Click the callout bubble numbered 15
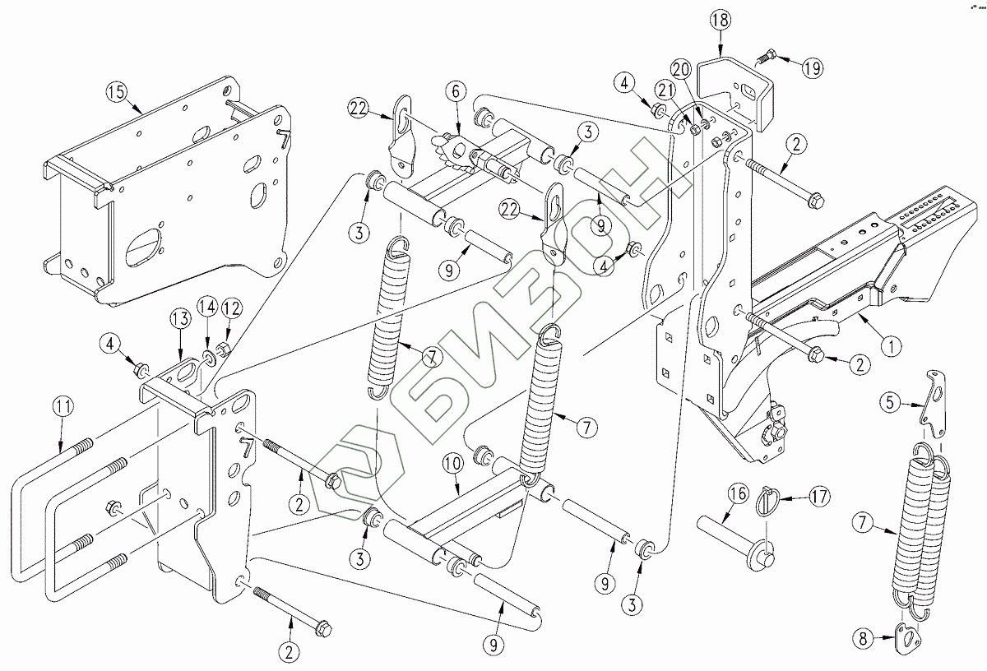pos(116,92)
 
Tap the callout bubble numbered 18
pos(721,21)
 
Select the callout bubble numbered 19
pos(812,68)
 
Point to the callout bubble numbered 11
pos(63,407)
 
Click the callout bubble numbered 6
pos(456,91)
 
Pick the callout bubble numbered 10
pos(453,464)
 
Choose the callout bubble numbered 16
pos(738,494)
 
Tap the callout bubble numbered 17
pos(819,497)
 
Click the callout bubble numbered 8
pos(863,638)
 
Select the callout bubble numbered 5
pos(890,402)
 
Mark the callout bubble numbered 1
pos(892,346)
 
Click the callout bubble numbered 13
pos(180,318)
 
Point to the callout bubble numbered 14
pos(207,307)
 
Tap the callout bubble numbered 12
pos(231,308)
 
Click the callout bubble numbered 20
pos(681,70)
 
